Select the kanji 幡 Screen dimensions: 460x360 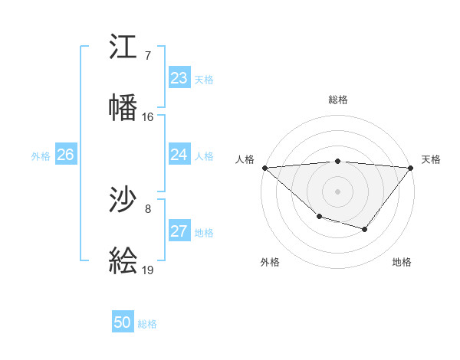coord(123,106)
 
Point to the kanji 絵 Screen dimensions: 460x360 coord(123,260)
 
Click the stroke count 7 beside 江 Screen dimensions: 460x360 coord(148,57)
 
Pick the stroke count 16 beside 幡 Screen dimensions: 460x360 coord(148,117)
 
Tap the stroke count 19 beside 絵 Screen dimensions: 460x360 coord(148,270)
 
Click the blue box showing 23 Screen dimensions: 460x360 coord(179,78)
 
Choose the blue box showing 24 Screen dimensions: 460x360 coord(179,155)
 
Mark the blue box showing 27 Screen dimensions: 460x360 coord(179,231)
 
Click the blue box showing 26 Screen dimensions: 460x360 coord(65,155)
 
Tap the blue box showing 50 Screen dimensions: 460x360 coord(123,322)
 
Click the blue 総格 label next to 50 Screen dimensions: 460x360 coord(147,324)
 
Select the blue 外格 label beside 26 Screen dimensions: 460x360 coord(41,156)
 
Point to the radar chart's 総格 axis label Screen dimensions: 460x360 coord(337,100)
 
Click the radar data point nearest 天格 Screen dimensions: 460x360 coord(411,168)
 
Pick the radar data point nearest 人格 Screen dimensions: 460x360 coord(264,168)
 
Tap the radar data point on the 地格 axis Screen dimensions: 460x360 coord(365,229)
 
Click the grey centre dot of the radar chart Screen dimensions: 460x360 coord(337,191)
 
